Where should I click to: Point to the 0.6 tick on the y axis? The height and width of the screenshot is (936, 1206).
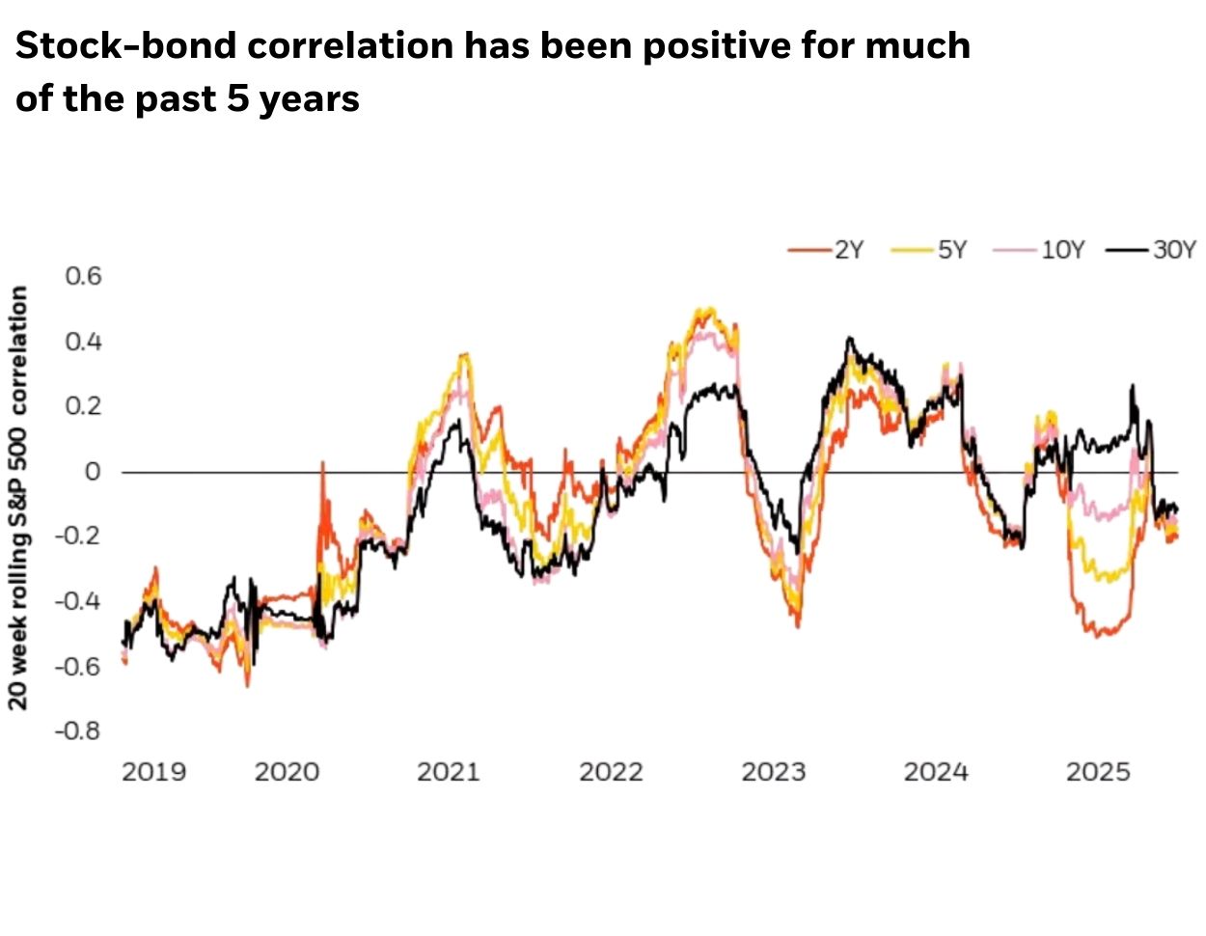click(x=83, y=276)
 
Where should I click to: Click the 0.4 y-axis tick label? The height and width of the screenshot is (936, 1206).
click(x=83, y=342)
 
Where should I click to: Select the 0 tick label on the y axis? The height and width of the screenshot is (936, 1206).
click(x=93, y=472)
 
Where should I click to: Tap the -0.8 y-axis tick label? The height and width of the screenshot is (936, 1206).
click(x=77, y=731)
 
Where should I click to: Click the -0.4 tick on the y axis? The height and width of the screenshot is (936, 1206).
click(x=77, y=601)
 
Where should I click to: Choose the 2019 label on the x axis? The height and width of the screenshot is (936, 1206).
click(x=153, y=772)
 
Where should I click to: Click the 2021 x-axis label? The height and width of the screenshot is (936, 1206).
click(x=448, y=772)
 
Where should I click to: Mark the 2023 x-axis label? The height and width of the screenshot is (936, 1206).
click(x=773, y=772)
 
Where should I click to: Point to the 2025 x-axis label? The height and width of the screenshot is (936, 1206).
click(x=1097, y=772)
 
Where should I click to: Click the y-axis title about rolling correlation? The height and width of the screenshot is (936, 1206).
click(x=18, y=497)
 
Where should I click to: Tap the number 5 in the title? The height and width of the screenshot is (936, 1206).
click(x=238, y=98)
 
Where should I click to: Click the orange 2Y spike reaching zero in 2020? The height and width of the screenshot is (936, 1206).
click(x=322, y=464)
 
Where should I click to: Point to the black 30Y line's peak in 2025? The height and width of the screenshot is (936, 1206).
click(x=1132, y=386)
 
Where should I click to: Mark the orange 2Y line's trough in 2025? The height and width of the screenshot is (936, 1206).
click(x=1097, y=636)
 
